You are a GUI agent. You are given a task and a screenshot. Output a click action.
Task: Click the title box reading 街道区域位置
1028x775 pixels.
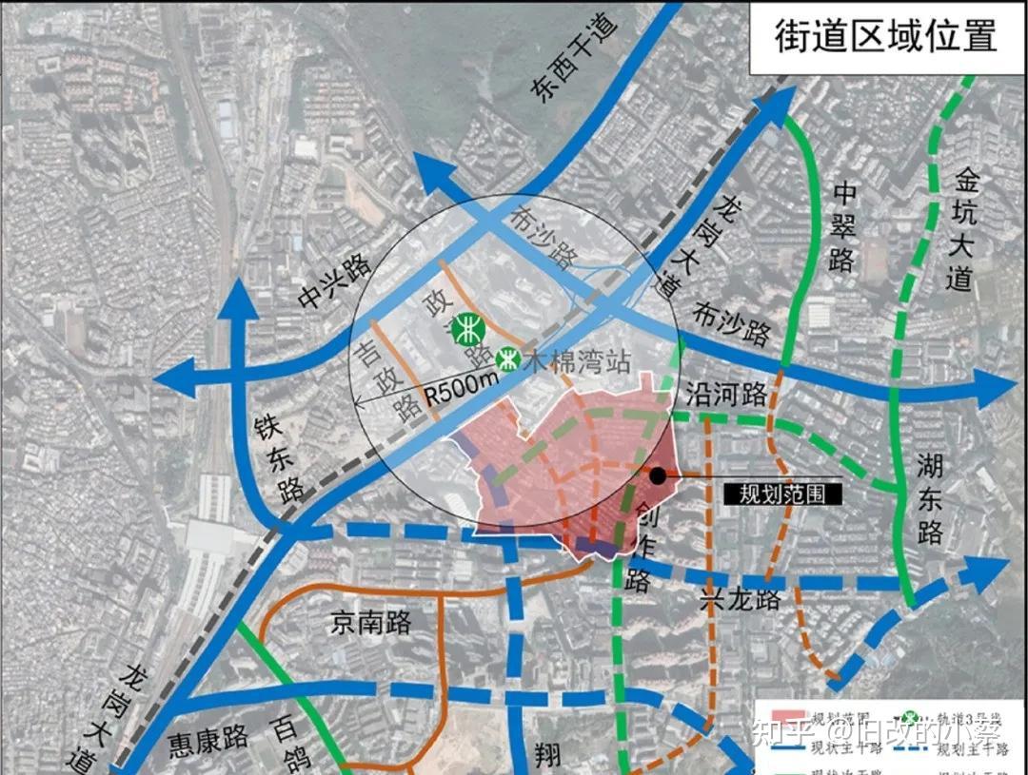click(885, 36)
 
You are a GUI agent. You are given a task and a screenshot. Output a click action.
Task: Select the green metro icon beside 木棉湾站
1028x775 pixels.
click(507, 359)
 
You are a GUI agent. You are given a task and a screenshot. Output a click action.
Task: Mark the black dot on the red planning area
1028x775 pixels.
click(658, 475)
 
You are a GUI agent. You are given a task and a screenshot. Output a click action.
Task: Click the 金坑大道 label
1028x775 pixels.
click(965, 229)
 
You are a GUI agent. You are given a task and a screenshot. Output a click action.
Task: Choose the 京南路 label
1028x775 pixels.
click(371, 623)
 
